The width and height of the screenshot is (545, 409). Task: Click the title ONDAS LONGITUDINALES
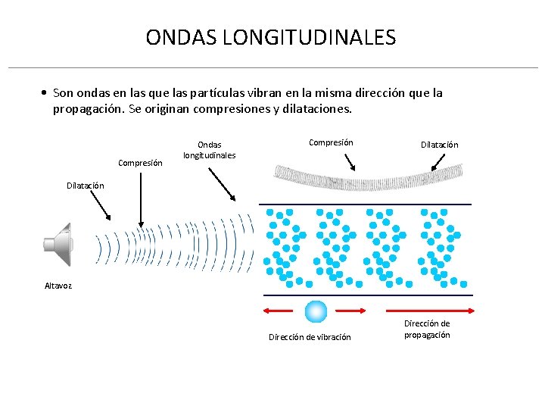click(x=270, y=37)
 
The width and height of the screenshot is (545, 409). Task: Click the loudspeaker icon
click(x=58, y=244)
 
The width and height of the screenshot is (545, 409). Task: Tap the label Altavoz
click(x=58, y=286)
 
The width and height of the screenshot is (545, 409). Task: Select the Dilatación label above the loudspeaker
click(x=85, y=186)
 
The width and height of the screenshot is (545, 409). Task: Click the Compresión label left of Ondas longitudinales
click(x=140, y=163)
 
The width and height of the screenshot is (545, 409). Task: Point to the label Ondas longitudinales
click(x=210, y=150)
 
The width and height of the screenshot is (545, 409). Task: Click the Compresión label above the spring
click(x=331, y=142)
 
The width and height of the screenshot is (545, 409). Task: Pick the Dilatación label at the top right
click(x=440, y=145)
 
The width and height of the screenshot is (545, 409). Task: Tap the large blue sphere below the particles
click(x=316, y=311)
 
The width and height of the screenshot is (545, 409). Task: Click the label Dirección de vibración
click(x=310, y=337)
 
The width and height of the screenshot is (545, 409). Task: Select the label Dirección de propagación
click(x=427, y=329)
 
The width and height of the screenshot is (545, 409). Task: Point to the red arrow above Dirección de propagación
click(x=431, y=311)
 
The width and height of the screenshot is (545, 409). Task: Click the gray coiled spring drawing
click(x=366, y=177)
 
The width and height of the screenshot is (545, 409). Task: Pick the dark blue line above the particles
click(x=366, y=204)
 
